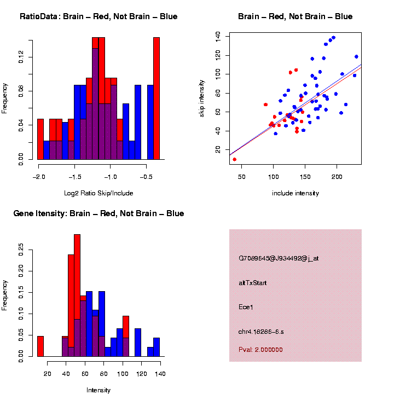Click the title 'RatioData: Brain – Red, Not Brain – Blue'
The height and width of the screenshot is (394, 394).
click(99, 16)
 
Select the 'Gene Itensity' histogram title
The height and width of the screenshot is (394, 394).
click(99, 213)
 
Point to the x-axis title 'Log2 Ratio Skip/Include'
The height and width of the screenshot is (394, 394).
click(99, 193)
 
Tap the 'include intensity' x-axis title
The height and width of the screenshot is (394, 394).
click(296, 193)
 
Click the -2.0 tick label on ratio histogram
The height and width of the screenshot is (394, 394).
click(38, 177)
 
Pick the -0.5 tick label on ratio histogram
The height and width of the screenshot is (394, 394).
click(146, 177)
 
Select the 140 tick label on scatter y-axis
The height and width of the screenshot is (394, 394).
click(218, 36)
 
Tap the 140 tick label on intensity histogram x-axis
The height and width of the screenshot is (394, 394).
click(160, 374)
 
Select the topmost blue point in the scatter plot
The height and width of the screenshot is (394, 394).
click(333, 38)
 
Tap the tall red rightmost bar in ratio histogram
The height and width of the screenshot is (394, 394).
click(157, 99)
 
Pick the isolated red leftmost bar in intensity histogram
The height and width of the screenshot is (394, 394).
click(40, 346)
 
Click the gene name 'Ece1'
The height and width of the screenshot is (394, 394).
click(246, 307)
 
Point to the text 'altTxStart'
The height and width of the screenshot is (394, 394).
click(253, 283)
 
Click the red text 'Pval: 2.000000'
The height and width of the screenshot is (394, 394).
click(261, 349)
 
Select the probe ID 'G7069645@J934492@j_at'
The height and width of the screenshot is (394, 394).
click(279, 258)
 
